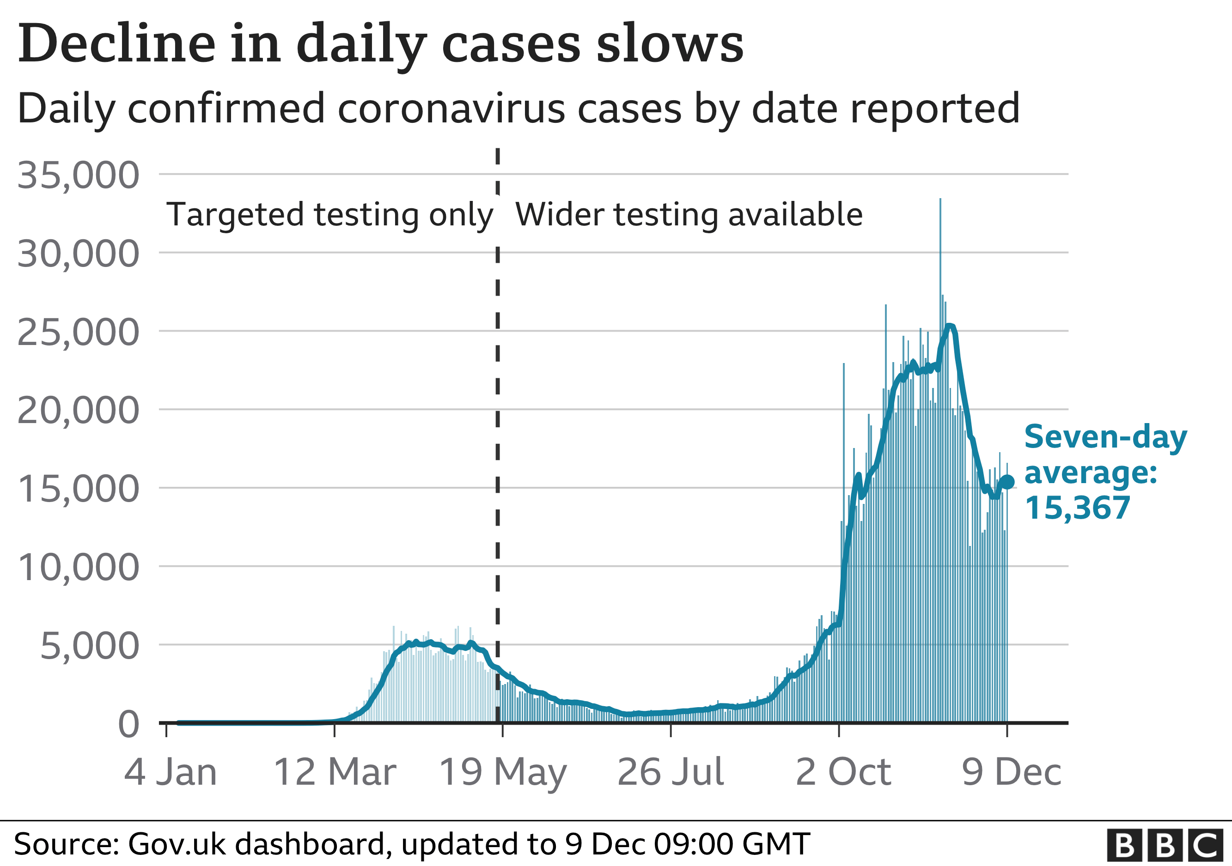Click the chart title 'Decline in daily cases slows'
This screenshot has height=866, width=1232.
coord(380,44)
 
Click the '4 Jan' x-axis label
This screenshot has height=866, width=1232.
coord(171,773)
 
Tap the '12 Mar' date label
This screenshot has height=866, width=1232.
coord(335,773)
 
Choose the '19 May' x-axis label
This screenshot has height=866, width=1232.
coord(503,773)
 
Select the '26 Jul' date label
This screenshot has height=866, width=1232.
coord(671,773)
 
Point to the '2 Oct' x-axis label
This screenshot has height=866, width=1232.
coord(843,773)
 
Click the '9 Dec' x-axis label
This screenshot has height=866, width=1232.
coord(1012,773)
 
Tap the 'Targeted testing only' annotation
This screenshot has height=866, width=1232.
coord(329,215)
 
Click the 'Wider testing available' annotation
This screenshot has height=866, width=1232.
coord(689,215)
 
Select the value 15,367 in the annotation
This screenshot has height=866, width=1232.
coord(1078,508)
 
